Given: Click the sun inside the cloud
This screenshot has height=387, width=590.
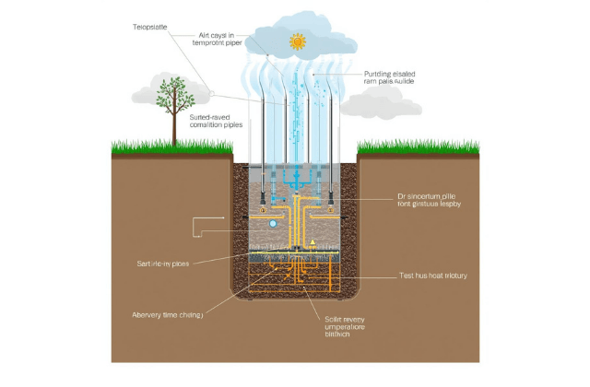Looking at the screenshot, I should click(x=296, y=41).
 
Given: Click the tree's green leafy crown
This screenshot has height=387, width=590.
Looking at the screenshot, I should click(x=171, y=93).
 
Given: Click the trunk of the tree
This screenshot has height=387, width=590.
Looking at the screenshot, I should click(x=171, y=129).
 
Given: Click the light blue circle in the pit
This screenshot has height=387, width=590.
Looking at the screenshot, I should click(x=273, y=224).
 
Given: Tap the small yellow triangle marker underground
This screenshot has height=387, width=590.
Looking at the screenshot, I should click(x=313, y=243).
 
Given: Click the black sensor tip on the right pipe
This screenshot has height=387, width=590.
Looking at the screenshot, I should click(x=329, y=196).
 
